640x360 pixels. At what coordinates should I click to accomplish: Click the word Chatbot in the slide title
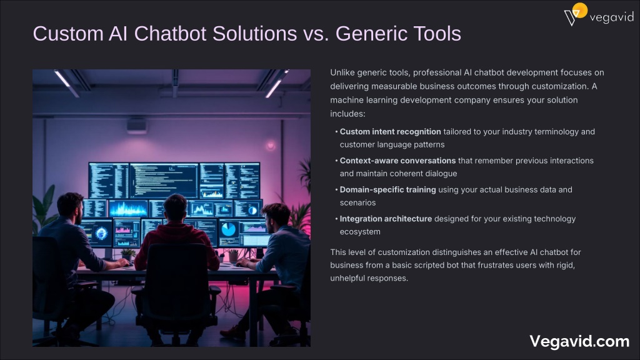(x=170, y=34)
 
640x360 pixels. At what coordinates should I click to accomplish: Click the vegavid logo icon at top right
(x=576, y=14)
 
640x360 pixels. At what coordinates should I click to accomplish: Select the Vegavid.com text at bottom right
(x=579, y=341)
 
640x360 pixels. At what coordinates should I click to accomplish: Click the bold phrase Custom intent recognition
(x=390, y=132)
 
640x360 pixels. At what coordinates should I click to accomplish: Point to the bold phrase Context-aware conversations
(x=397, y=161)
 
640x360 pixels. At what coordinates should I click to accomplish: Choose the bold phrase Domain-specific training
(x=387, y=190)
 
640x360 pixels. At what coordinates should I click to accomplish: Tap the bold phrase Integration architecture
(x=386, y=219)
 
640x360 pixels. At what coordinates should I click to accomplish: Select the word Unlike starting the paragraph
(x=342, y=72)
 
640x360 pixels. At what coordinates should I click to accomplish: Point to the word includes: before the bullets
(x=347, y=114)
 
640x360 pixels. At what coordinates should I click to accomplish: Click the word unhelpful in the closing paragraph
(x=347, y=278)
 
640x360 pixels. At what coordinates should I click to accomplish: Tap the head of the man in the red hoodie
(x=175, y=207)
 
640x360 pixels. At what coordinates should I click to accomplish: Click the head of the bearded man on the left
(x=70, y=208)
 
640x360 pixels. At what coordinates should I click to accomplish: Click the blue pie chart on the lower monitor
(x=228, y=229)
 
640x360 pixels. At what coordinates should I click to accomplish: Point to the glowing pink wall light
(x=270, y=145)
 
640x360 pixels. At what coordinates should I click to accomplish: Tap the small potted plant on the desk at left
(x=127, y=255)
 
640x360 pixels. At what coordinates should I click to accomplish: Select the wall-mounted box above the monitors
(x=137, y=126)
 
